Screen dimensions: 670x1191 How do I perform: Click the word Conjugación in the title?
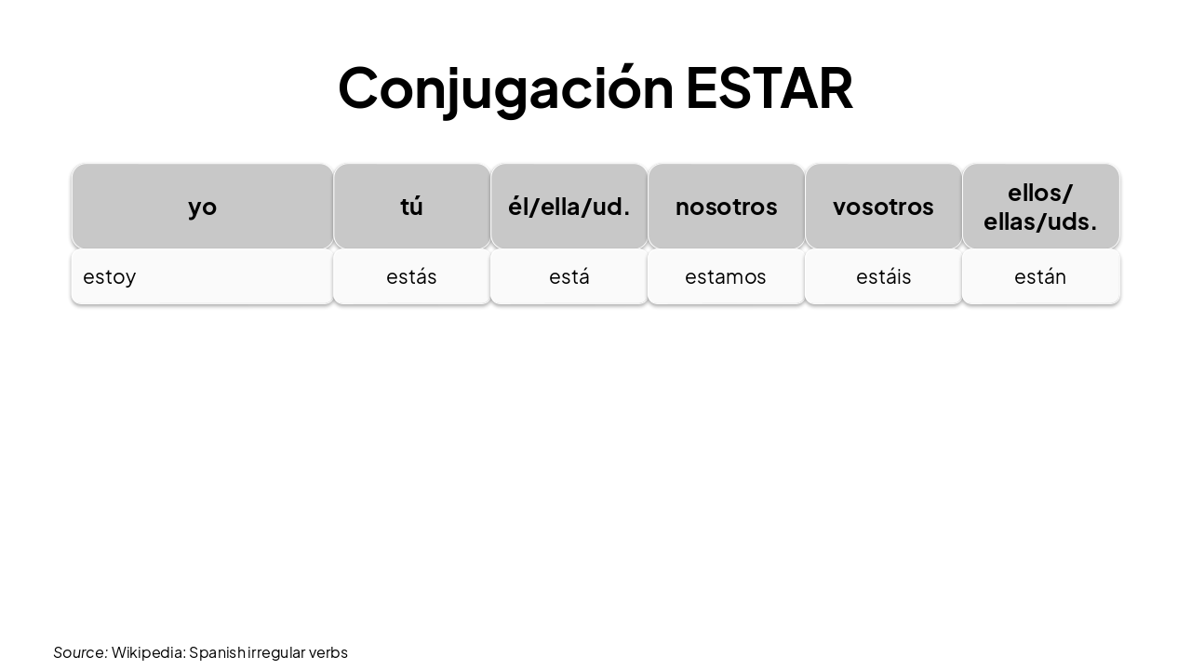pos(505,88)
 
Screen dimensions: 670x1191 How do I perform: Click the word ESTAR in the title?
pos(769,88)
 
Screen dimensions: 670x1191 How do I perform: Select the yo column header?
pos(202,207)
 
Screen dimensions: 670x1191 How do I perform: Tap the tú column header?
pos(411,207)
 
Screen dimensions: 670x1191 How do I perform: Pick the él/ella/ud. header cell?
pos(569,207)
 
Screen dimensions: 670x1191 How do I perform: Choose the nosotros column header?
pos(726,207)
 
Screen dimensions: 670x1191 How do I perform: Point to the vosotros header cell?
pos(883,207)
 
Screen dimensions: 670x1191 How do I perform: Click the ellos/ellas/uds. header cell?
pos(1040,207)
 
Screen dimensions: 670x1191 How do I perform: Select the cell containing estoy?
pos(202,277)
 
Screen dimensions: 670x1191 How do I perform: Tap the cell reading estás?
pos(411,277)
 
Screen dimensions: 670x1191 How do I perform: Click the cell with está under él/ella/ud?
pos(569,277)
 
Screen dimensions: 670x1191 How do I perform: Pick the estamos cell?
pos(726,277)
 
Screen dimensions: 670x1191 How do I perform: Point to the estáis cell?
pos(883,277)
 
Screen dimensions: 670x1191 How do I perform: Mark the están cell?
pos(1040,277)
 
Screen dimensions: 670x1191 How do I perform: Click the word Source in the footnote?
pos(79,652)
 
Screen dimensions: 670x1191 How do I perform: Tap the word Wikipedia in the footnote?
pos(148,652)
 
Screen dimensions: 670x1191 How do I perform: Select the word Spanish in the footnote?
pos(218,652)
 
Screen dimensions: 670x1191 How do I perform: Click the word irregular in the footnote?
pos(276,652)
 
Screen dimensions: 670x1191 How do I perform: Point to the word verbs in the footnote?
pos(328,652)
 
